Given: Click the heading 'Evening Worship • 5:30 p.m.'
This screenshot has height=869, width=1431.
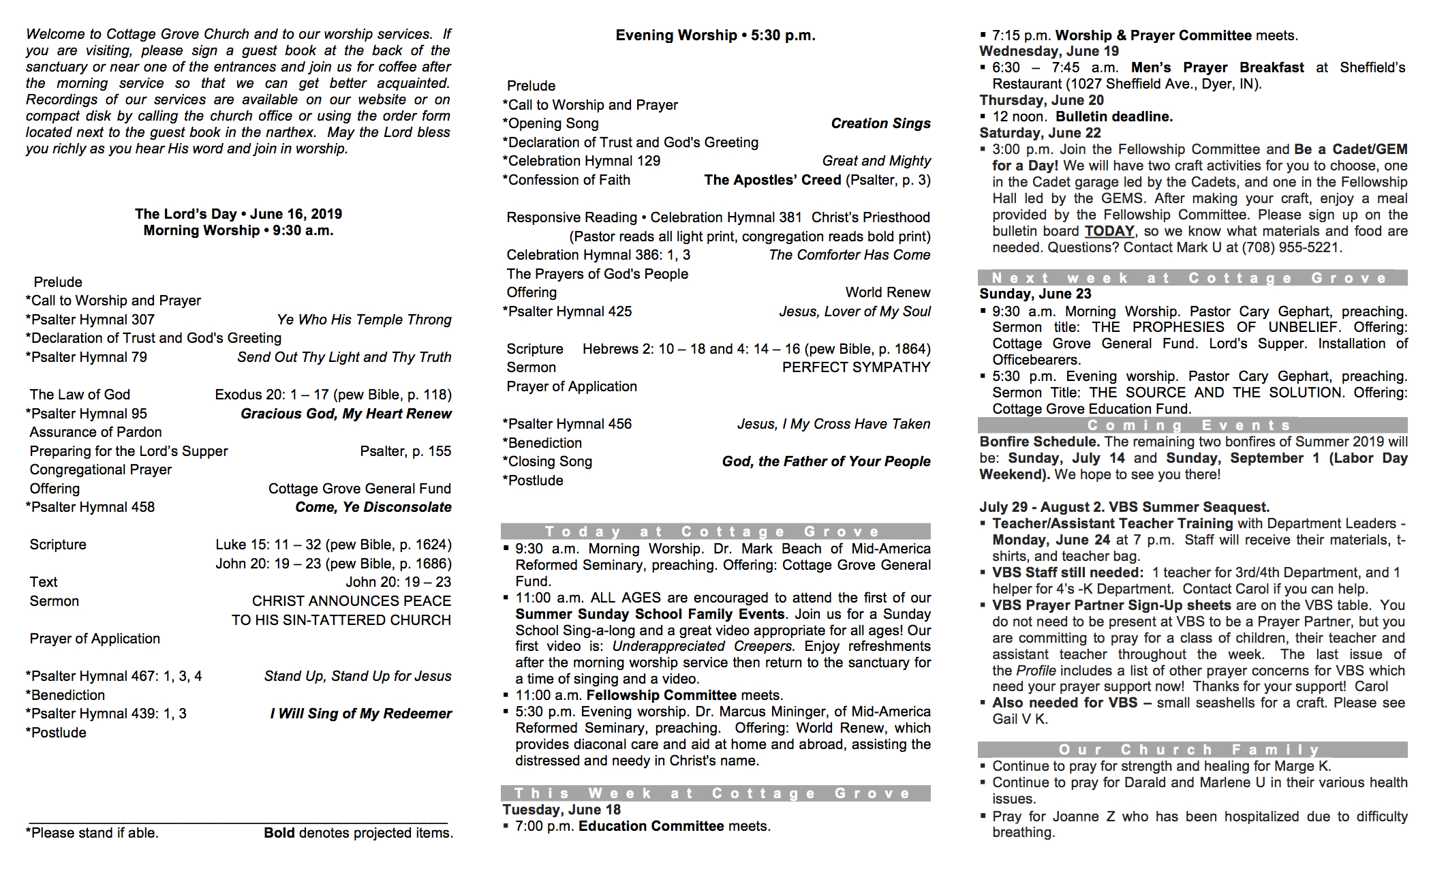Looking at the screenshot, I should click(x=715, y=35).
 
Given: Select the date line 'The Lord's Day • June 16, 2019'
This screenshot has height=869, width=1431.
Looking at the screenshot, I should click(x=238, y=214).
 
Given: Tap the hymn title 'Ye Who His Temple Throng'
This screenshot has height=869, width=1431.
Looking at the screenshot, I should click(x=364, y=320).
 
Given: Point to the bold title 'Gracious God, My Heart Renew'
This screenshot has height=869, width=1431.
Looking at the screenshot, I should click(x=345, y=414).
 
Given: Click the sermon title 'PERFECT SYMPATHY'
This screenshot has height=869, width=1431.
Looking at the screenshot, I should click(x=855, y=367).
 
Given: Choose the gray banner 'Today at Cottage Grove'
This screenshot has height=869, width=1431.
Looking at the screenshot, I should click(x=715, y=532).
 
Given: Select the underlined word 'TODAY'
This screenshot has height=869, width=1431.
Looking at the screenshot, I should click(x=1109, y=231).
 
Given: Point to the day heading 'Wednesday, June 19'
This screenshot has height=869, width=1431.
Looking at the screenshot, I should click(x=1049, y=51).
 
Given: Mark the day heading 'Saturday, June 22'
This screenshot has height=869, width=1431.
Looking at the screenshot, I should click(x=1040, y=133).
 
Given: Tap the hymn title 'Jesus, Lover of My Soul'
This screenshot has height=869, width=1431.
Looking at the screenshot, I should click(x=855, y=311).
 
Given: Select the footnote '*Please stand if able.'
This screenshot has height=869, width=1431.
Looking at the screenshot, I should click(x=92, y=833).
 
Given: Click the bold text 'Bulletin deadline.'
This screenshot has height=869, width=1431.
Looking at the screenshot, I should click(x=1114, y=117).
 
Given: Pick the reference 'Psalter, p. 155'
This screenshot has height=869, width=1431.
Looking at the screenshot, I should click(x=405, y=451).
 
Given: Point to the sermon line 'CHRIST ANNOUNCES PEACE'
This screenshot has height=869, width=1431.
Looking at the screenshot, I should click(x=351, y=601).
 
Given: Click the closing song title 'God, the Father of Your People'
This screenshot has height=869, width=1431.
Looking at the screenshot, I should click(x=826, y=461).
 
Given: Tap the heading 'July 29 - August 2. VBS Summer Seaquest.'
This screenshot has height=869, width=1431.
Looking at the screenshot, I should click(x=1124, y=507).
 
